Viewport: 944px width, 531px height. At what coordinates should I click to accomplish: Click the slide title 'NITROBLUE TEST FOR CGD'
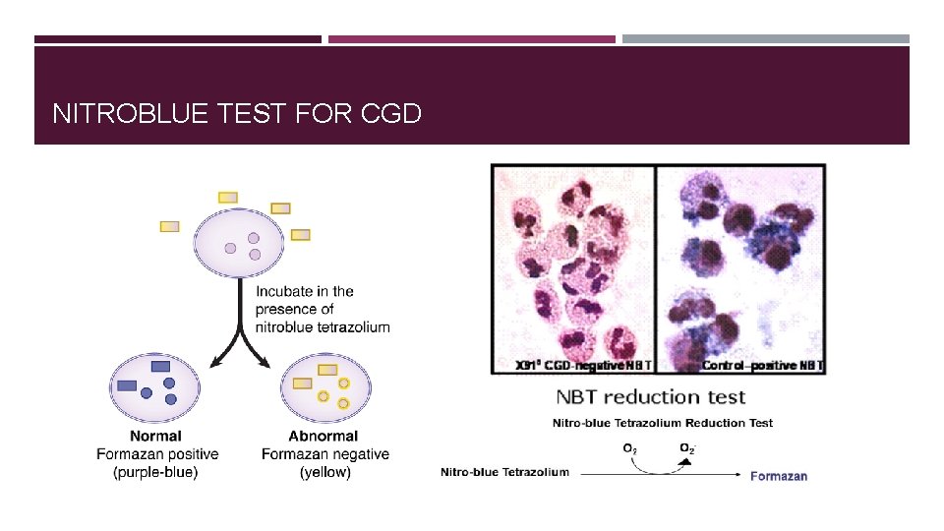(x=236, y=114)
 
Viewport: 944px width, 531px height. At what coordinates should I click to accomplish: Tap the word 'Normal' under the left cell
(x=155, y=436)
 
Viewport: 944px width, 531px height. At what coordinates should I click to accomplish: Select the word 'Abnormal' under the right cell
(x=324, y=436)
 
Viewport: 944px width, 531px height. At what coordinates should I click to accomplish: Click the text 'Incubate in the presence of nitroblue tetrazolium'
(x=323, y=309)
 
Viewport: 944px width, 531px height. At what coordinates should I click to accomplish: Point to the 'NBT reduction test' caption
(x=651, y=397)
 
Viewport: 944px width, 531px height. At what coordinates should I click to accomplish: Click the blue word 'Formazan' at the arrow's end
(x=779, y=476)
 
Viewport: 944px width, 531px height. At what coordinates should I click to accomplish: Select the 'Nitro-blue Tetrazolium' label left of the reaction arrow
(x=504, y=472)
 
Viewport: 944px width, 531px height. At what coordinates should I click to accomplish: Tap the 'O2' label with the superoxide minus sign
(x=690, y=448)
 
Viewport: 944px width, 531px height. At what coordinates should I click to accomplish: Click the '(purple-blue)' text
(x=155, y=472)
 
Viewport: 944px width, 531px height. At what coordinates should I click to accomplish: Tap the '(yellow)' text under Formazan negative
(x=324, y=472)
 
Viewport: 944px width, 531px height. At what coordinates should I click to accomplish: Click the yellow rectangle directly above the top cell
(x=228, y=198)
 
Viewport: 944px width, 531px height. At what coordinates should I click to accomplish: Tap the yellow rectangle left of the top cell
(x=170, y=226)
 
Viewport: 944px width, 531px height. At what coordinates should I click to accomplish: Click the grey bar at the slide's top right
(x=765, y=39)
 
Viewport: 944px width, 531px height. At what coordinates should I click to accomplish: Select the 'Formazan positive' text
(x=157, y=454)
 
